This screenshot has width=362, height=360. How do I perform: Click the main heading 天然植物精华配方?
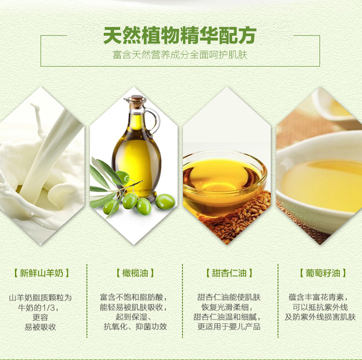click(x=179, y=35)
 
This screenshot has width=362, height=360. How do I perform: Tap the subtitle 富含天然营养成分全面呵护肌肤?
click(x=180, y=55)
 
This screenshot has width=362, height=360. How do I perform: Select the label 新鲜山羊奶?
click(x=41, y=273)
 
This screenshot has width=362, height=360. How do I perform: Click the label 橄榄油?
click(x=135, y=273)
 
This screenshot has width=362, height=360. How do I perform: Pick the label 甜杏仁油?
click(x=229, y=273)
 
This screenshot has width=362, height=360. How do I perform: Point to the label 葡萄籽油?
click(x=323, y=273)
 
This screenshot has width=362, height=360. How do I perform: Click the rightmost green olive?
click(x=165, y=202)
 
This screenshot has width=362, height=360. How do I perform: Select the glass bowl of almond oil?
click(x=225, y=182)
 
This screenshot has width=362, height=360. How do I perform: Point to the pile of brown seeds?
click(x=240, y=219)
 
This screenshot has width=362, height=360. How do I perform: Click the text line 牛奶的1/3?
click(x=38, y=307)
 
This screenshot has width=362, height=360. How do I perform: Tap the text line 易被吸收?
click(x=40, y=327)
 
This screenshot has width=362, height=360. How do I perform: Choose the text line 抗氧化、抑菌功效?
click(x=135, y=326)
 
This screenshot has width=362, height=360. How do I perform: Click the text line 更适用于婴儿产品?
click(x=229, y=326)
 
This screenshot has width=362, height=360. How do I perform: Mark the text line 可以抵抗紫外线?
click(x=320, y=307)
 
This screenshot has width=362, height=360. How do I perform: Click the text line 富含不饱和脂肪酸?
click(x=133, y=297)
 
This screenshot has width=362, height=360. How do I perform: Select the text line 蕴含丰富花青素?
click(x=318, y=297)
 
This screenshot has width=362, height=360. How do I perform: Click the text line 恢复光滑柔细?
click(x=227, y=307)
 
